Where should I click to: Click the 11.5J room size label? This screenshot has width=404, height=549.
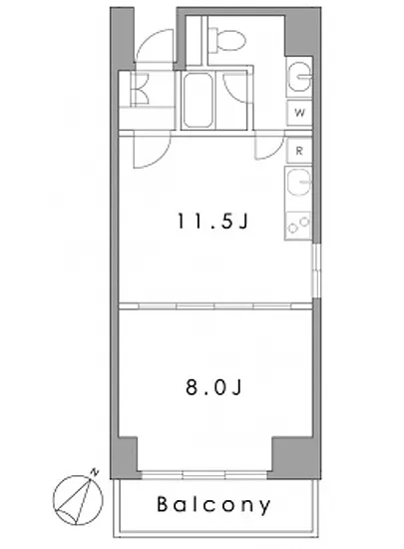pyautogui.click(x=211, y=222)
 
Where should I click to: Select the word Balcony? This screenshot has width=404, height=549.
pyautogui.click(x=213, y=505)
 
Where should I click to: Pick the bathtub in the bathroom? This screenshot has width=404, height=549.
pyautogui.click(x=200, y=100)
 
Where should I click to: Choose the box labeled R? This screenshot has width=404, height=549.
pyautogui.click(x=299, y=151)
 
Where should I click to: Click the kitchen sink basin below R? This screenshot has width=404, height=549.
pyautogui.click(x=297, y=184)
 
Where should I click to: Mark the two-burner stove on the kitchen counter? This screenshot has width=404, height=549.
pyautogui.click(x=298, y=225)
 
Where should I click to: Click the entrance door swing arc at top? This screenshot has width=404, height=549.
pyautogui.click(x=154, y=49)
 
